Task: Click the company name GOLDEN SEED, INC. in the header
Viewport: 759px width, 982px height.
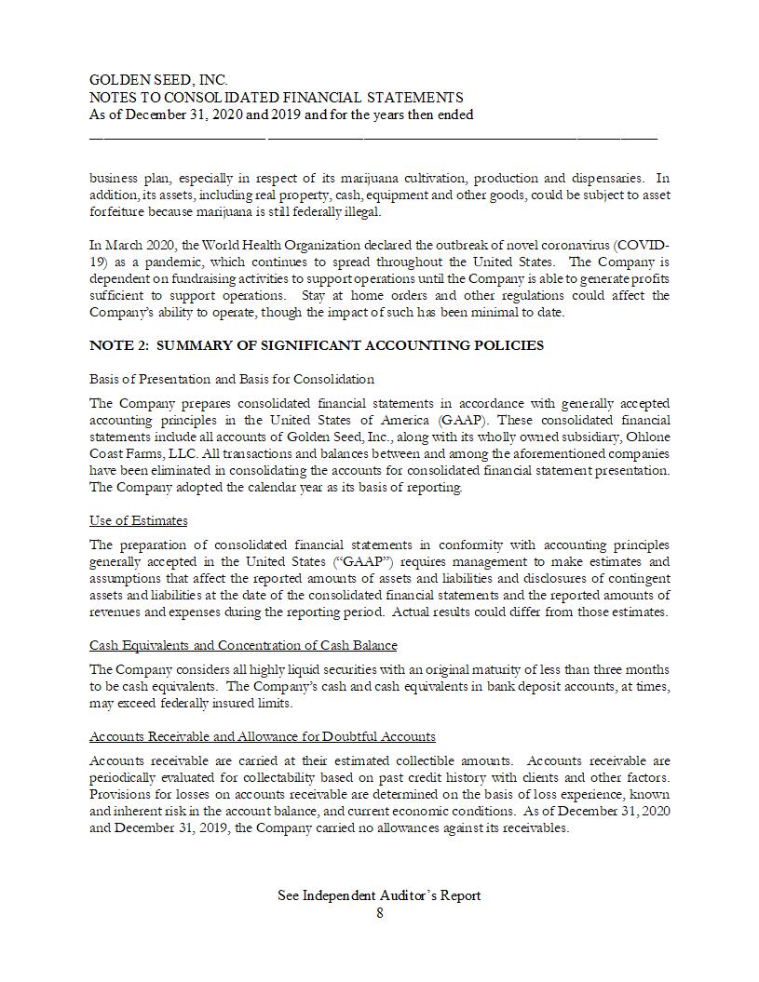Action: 158,81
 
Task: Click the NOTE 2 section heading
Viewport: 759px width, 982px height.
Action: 317,345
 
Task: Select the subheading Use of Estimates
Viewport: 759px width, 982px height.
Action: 138,520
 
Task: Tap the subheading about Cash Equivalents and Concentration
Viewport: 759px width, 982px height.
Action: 243,645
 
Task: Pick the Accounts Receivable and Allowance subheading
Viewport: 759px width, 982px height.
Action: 263,736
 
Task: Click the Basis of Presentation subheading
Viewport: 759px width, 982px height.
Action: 232,379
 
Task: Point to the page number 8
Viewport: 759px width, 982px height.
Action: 379,913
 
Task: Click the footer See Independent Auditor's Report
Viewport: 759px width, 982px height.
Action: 379,895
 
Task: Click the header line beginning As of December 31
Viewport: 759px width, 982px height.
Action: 281,114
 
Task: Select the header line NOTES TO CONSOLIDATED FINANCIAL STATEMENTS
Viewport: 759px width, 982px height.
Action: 276,98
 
